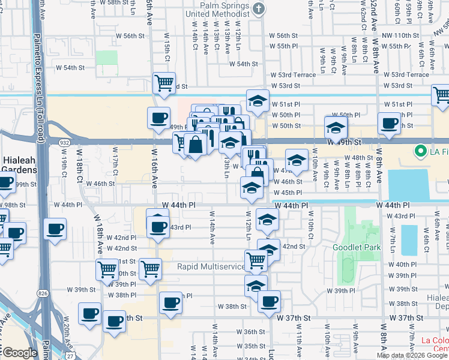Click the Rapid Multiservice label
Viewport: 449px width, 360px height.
click(211, 266)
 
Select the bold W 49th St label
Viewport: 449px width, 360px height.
click(348, 142)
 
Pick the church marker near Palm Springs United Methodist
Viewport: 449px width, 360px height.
click(259, 8)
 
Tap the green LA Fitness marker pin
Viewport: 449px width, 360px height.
click(421, 151)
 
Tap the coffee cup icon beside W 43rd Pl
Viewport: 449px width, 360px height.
click(158, 226)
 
